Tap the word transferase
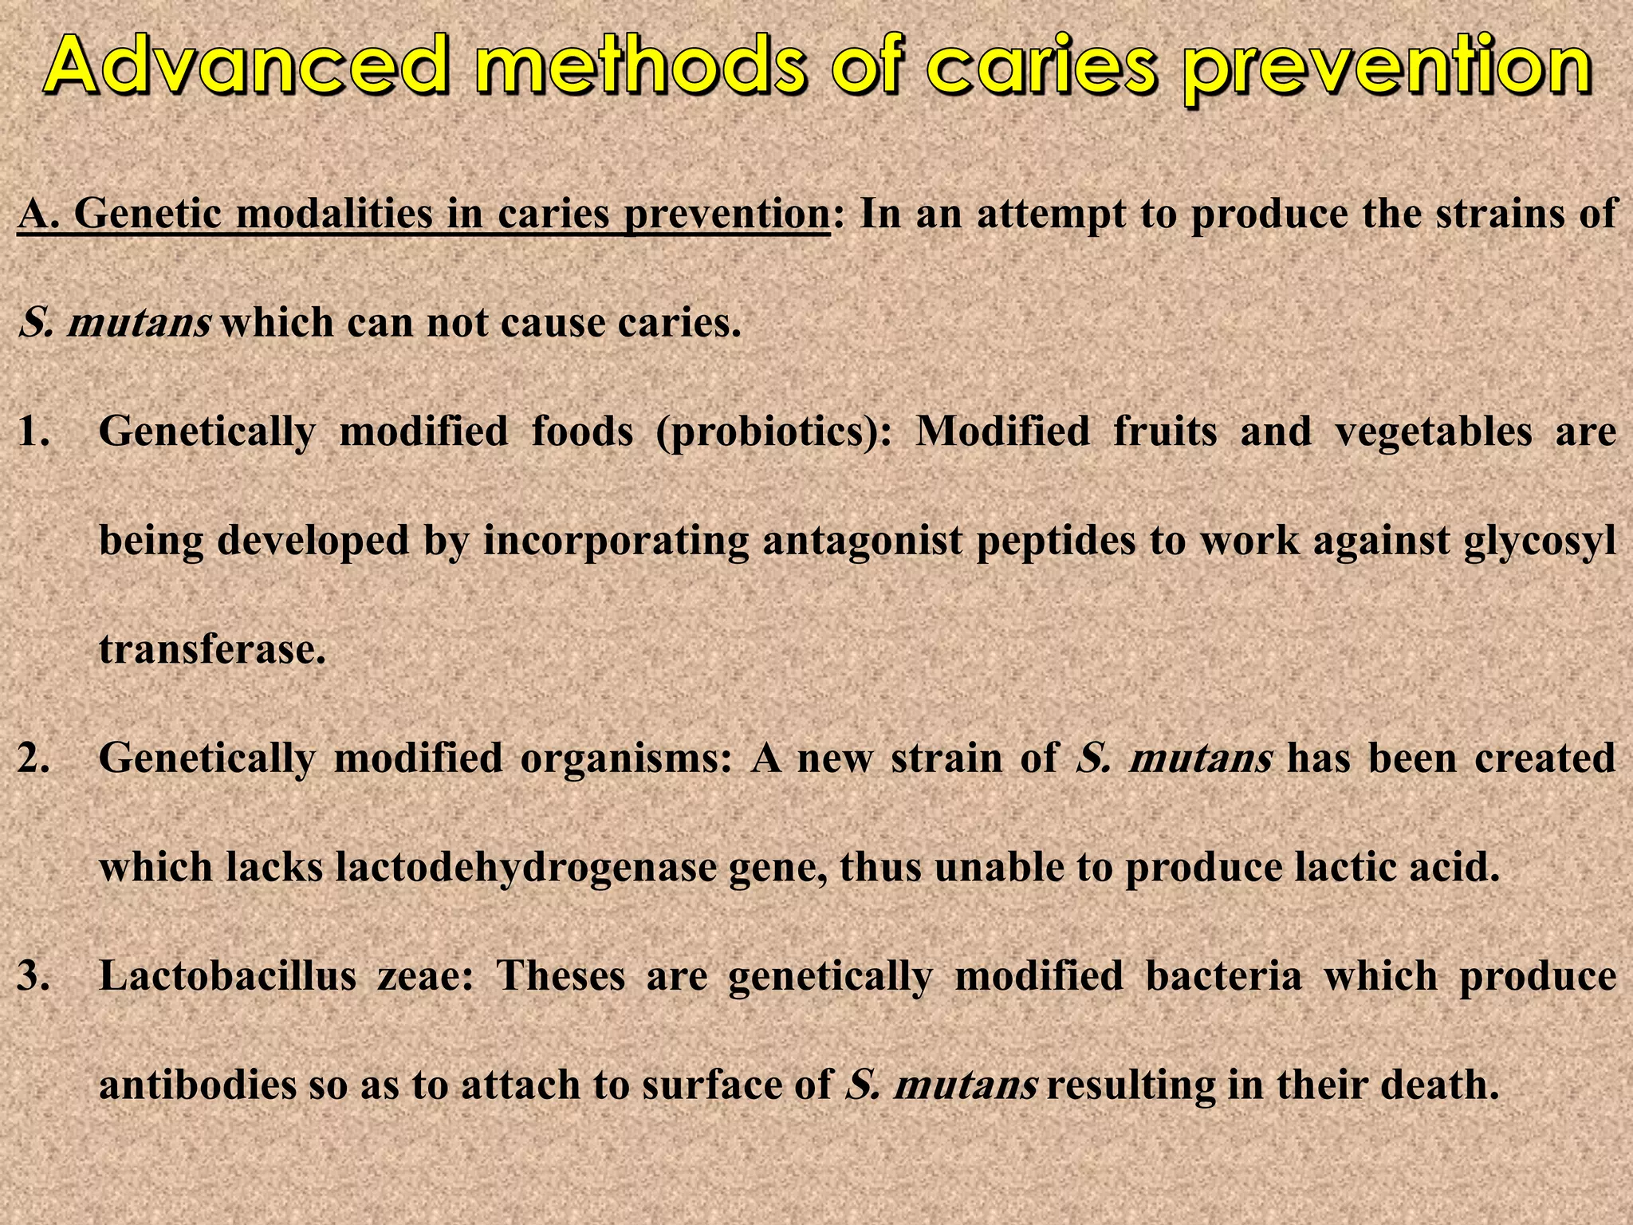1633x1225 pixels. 212,649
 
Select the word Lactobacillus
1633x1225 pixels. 227,975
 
